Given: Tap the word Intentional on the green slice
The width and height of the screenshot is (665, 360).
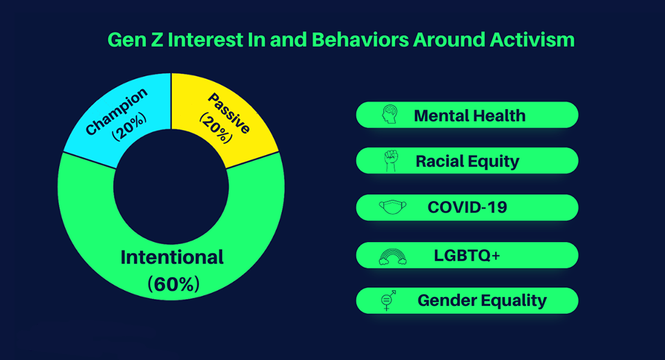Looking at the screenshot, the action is pyautogui.click(x=172, y=257).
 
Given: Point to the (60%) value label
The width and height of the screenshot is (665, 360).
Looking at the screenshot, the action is pyautogui.click(x=173, y=284).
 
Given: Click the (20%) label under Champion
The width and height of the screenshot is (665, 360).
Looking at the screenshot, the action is pyautogui.click(x=129, y=127).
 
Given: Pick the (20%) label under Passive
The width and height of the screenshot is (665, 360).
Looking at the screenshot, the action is pyautogui.click(x=216, y=128).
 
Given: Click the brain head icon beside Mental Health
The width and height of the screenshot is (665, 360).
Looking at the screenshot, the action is pyautogui.click(x=389, y=115).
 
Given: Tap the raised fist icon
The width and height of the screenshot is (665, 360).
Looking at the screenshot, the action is pyautogui.click(x=391, y=160).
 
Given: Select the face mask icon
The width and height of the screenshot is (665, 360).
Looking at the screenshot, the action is pyautogui.click(x=392, y=207).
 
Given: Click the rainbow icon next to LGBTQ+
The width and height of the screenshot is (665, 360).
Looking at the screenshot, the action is pyautogui.click(x=393, y=256).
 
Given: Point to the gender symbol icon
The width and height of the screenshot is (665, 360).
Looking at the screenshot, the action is pyautogui.click(x=388, y=300).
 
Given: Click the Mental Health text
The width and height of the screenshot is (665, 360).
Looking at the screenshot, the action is pyautogui.click(x=470, y=115).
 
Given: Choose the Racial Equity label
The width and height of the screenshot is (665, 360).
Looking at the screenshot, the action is pyautogui.click(x=468, y=162).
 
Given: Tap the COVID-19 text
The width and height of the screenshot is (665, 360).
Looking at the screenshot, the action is pyautogui.click(x=467, y=207).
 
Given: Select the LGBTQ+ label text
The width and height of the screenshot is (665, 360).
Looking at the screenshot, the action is pyautogui.click(x=466, y=255).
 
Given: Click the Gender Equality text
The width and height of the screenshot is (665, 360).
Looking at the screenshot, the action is pyautogui.click(x=482, y=300).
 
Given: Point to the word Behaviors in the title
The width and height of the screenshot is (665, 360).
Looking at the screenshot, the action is pyautogui.click(x=360, y=40).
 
